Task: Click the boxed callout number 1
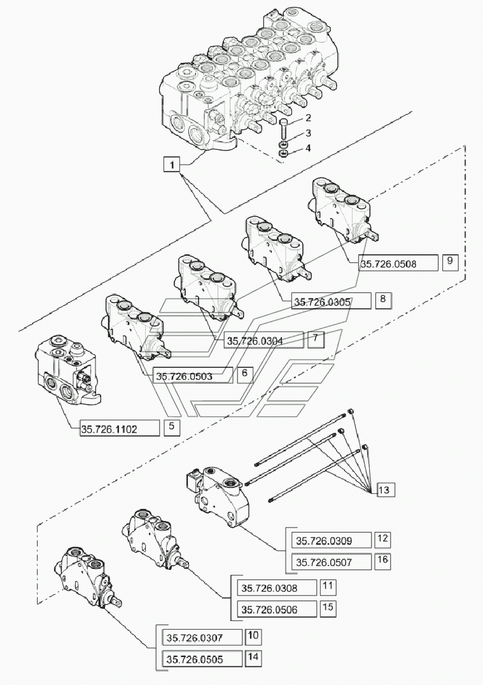[171, 165]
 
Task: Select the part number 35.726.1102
[119, 429]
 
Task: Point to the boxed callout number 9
[449, 262]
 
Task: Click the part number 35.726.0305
[331, 302]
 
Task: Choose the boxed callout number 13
[386, 490]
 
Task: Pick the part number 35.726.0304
[264, 341]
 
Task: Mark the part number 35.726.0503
[193, 376]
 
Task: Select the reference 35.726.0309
[331, 541]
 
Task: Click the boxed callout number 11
[328, 587]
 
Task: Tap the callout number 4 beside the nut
[308, 148]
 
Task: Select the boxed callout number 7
[317, 339]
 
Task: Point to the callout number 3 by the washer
[308, 133]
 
